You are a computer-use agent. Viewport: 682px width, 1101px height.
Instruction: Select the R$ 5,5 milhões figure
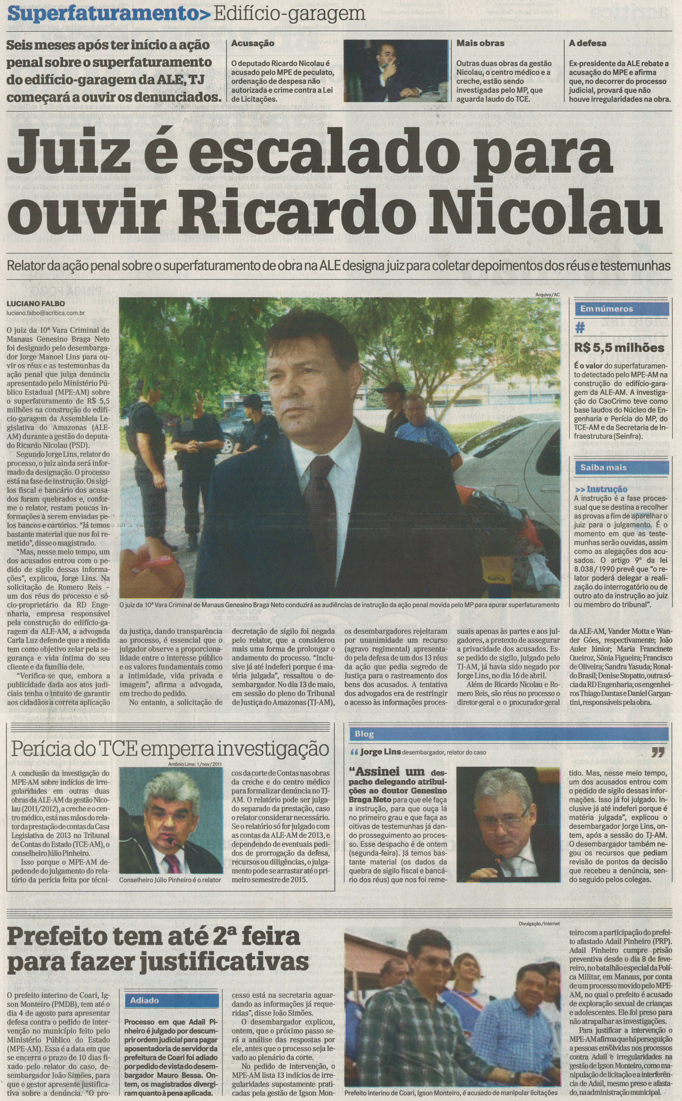pyautogui.click(x=619, y=348)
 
